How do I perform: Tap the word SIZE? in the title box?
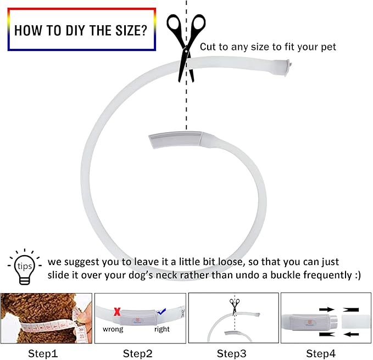point(131,31)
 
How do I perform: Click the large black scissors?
point(186,48)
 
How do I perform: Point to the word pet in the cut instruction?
point(329,47)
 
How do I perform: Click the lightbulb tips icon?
point(25,267)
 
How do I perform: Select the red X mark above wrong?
point(117,312)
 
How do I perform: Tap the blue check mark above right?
point(162,312)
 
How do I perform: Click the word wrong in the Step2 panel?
point(113,329)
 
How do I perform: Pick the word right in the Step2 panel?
point(162,329)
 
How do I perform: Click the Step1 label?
point(43,353)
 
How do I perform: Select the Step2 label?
point(137,353)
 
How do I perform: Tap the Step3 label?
point(231,353)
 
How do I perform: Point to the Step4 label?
point(321,353)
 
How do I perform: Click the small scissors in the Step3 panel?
point(235,307)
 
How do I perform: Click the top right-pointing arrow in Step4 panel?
point(327,310)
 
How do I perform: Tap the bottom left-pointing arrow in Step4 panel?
point(351,334)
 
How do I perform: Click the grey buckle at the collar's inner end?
point(176,139)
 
